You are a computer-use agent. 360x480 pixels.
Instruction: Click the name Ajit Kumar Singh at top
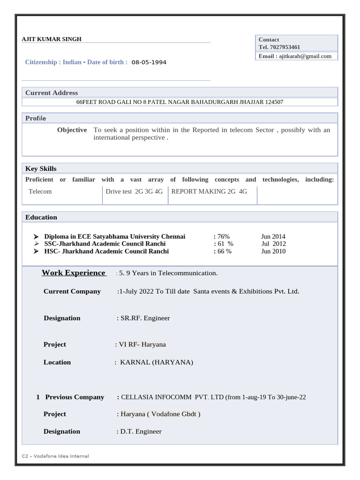tap(52, 39)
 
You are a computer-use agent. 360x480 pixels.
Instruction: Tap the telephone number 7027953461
tap(285, 47)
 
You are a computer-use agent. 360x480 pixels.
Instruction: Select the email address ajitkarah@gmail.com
tap(305, 56)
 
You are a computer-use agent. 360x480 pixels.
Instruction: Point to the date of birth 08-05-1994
tap(149, 62)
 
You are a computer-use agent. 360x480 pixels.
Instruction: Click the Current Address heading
tap(52, 93)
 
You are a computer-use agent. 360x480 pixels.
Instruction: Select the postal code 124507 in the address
tap(273, 102)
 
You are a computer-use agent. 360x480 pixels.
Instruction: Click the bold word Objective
tap(72, 130)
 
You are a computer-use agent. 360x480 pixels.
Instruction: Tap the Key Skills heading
tap(41, 169)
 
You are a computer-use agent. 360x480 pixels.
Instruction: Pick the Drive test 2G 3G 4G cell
tap(134, 191)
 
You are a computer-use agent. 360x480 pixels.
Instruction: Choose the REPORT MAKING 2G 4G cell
tap(209, 191)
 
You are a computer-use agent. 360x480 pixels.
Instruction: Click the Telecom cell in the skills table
tap(40, 191)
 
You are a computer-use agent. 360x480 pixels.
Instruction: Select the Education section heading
tap(41, 217)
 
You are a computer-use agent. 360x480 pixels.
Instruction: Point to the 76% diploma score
tap(223, 237)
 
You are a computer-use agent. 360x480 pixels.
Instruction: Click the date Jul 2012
tap(273, 244)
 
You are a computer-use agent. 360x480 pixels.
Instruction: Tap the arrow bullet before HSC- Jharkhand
tap(37, 251)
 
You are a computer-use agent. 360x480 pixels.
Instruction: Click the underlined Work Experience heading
tap(74, 273)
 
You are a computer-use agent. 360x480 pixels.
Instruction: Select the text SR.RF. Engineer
tap(145, 318)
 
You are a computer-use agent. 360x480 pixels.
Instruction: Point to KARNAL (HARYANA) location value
tap(157, 362)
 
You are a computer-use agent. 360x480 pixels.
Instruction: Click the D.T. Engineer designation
tap(141, 432)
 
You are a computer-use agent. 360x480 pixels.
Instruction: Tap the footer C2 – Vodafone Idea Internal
tap(55, 456)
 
